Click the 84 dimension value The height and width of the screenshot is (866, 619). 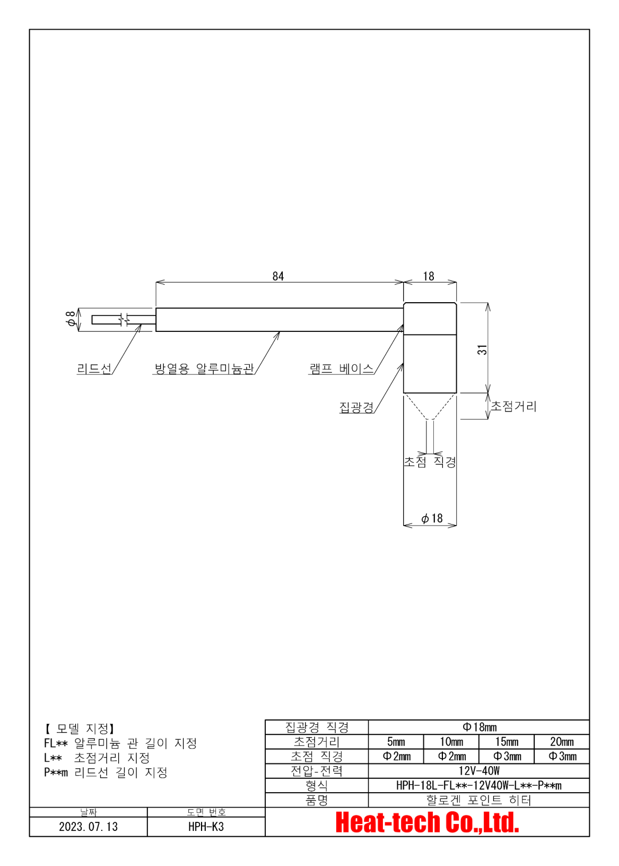(x=277, y=276)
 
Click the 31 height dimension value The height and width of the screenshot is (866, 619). (x=482, y=350)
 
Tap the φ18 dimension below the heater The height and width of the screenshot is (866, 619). (x=432, y=518)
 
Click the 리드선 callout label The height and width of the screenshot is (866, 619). (x=94, y=368)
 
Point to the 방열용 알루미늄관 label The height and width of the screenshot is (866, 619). (x=204, y=368)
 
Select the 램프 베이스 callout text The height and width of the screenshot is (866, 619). (x=342, y=368)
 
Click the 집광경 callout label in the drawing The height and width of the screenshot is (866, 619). (x=356, y=407)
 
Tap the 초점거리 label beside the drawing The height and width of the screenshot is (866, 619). (x=513, y=406)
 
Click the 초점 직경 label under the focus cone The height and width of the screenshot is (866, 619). (x=430, y=461)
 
